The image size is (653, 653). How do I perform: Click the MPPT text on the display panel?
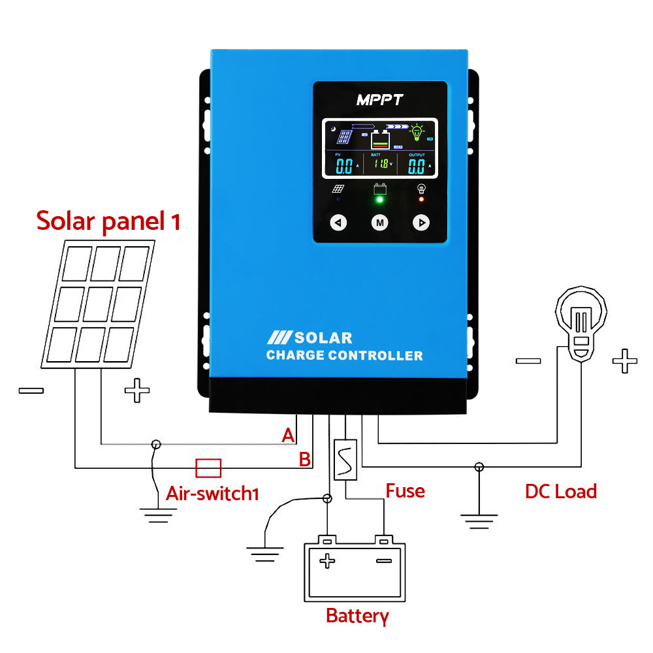tap(379, 100)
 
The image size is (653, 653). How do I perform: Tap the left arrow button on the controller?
tap(338, 223)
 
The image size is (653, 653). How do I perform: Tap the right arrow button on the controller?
tap(421, 223)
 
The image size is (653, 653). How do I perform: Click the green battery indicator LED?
tap(379, 199)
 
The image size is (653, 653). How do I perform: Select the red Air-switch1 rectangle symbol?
tap(208, 468)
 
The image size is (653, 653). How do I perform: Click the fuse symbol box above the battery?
tap(345, 460)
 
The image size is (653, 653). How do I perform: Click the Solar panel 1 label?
tap(108, 221)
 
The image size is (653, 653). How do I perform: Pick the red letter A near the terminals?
tap(288, 436)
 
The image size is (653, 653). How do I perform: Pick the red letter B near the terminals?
tap(304, 459)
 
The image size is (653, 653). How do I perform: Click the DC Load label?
tap(560, 492)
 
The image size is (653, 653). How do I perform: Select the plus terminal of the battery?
tap(327, 560)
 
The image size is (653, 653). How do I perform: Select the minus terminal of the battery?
tap(384, 560)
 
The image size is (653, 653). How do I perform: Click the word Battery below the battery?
tap(357, 615)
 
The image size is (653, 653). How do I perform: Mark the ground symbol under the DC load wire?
tap(479, 520)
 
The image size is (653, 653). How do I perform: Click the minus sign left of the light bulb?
tap(528, 360)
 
